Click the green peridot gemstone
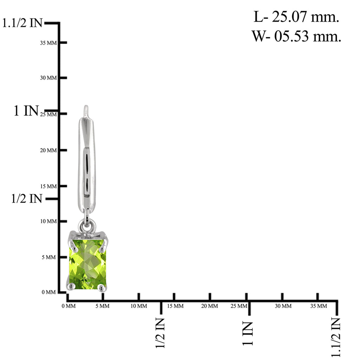[88, 264]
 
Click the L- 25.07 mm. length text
[296, 17]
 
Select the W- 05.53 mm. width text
[296, 36]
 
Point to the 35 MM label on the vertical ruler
[48, 43]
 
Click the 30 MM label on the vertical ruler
[48, 78]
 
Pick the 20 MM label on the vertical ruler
[48, 150]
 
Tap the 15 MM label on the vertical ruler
[48, 186]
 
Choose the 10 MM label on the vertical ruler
[49, 221]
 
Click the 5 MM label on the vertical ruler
[49, 257]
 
